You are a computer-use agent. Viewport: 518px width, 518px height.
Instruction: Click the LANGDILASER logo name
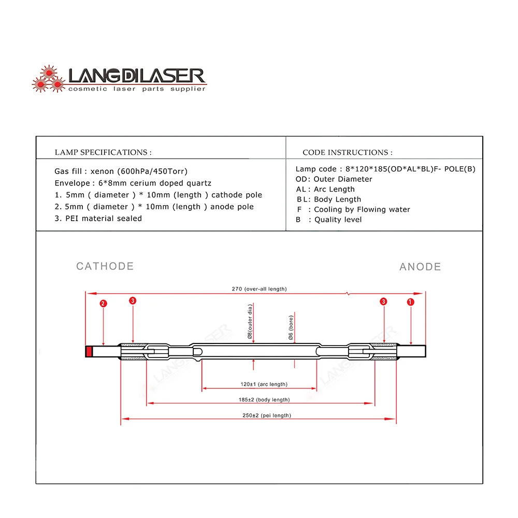(x=137, y=77)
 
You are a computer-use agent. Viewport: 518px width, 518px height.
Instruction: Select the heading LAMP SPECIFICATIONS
(x=103, y=152)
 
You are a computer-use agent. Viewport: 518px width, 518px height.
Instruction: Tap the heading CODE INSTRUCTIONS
(x=347, y=152)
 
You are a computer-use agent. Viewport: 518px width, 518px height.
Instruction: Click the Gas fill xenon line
(x=121, y=171)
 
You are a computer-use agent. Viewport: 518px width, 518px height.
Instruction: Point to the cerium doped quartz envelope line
(x=133, y=183)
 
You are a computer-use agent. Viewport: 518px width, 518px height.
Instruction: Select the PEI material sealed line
(x=98, y=218)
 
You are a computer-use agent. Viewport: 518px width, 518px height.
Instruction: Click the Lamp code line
(x=385, y=169)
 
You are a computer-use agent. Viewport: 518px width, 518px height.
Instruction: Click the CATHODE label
(x=105, y=266)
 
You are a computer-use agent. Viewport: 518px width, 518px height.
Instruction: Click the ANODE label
(x=420, y=267)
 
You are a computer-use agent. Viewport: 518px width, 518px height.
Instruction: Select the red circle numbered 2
(x=104, y=304)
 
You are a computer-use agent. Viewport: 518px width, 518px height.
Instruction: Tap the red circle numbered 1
(x=411, y=301)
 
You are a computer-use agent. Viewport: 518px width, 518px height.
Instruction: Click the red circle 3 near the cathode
(x=133, y=301)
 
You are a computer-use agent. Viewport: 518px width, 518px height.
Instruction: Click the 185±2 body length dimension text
(x=261, y=400)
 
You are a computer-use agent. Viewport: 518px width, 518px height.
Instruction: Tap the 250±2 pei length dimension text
(x=259, y=415)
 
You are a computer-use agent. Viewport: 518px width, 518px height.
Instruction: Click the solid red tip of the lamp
(x=89, y=352)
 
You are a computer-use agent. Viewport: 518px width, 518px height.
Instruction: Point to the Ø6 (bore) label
(x=291, y=328)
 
